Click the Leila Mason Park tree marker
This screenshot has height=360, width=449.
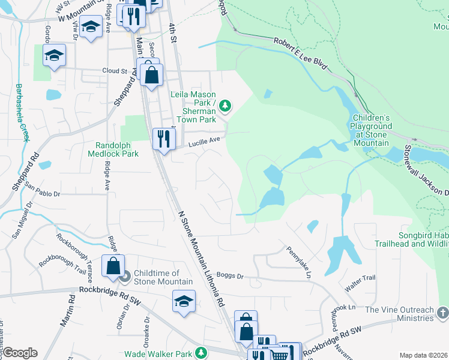(x=225, y=106)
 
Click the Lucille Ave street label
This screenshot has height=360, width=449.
(x=205, y=140)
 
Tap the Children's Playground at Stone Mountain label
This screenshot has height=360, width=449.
(x=372, y=130)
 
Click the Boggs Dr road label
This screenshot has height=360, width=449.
(x=231, y=276)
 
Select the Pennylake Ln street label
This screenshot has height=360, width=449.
(x=298, y=262)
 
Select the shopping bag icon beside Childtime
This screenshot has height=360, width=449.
(x=113, y=266)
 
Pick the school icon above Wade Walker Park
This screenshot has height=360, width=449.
(x=184, y=301)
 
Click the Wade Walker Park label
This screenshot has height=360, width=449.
(x=158, y=355)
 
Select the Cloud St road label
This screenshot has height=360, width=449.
(x=115, y=70)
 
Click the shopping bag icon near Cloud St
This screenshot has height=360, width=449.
(x=152, y=76)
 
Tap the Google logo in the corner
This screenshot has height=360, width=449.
(x=19, y=353)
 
